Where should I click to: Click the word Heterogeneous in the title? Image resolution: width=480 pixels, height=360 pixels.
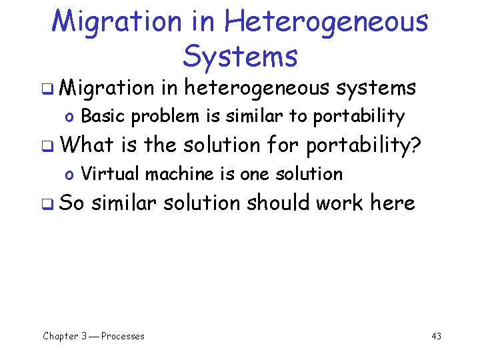(326, 21)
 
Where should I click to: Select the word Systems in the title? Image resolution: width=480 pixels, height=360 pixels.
(240, 56)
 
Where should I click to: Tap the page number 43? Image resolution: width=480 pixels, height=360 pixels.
(436, 336)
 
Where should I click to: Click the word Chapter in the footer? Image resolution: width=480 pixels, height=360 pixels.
(61, 336)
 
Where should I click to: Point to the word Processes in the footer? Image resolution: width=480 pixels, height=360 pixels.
(123, 336)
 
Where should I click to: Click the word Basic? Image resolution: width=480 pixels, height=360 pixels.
(103, 116)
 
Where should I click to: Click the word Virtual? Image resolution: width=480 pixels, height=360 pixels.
(111, 174)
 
